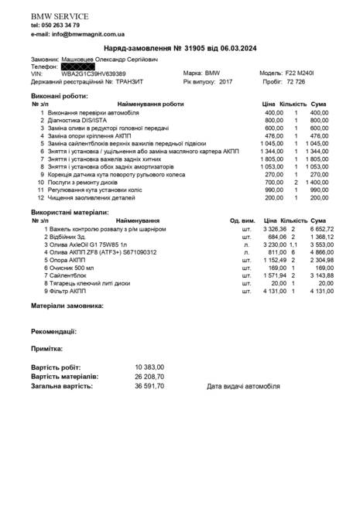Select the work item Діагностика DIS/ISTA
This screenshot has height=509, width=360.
pyautogui.click(x=82, y=121)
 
